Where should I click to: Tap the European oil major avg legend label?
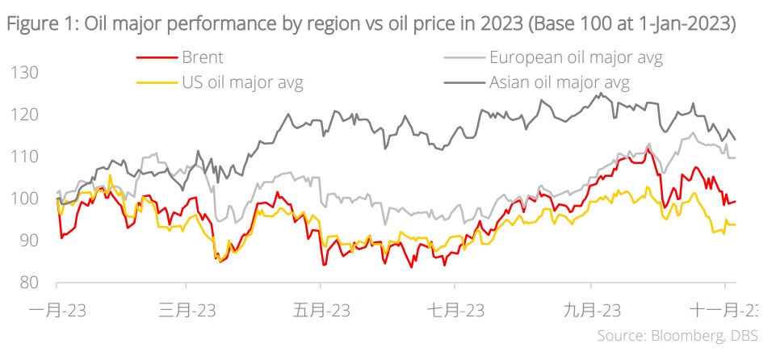coord(576,57)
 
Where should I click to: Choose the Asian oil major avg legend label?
coord(559,82)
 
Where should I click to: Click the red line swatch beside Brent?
coord(153,58)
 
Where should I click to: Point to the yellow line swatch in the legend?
coord(153,82)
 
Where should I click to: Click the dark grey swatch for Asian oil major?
coord(464,82)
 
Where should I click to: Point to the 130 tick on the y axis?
coord(26,73)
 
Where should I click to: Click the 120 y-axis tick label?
coord(26,115)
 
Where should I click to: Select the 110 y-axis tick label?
coord(26,157)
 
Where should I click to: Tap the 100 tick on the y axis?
coord(26,199)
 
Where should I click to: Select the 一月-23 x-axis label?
coord(56,310)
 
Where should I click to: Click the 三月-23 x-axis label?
coord(187,310)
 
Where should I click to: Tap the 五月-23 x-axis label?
coord(321,310)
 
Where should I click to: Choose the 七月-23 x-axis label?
coord(454,310)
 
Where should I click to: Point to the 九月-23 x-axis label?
coord(590,310)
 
